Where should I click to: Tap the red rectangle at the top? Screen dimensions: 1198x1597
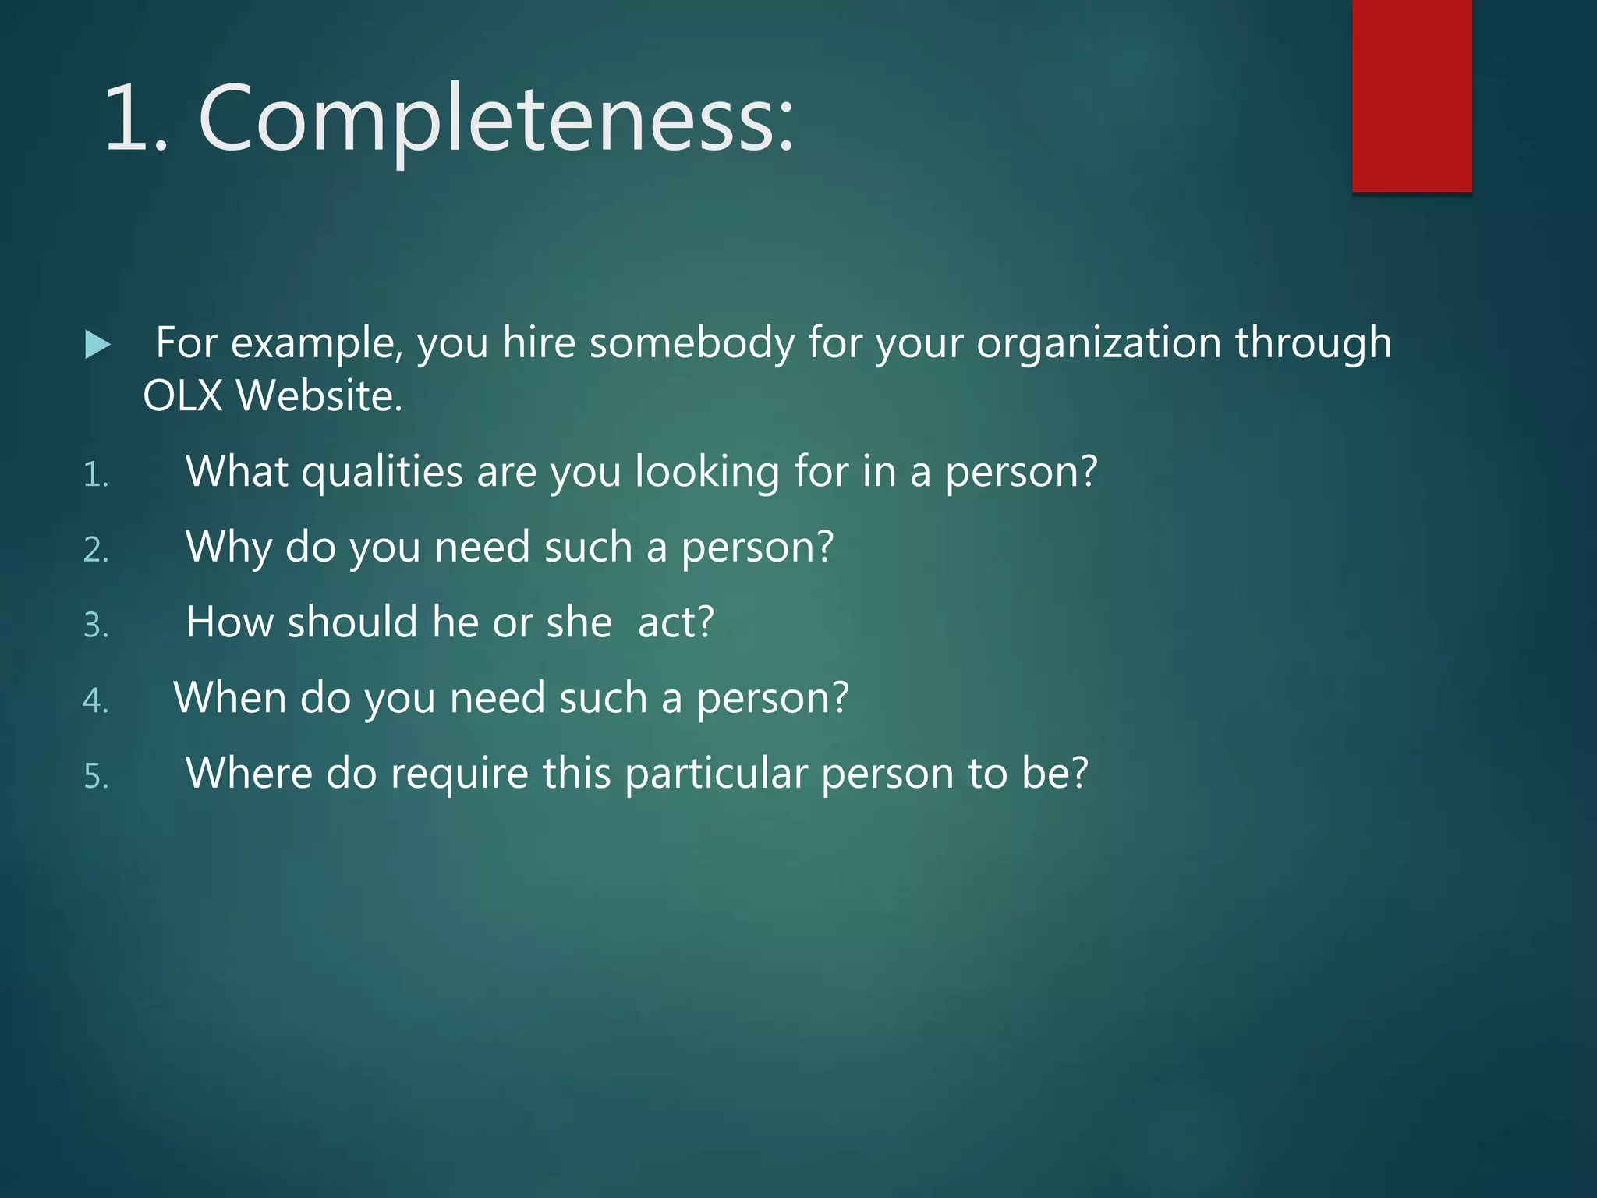1411,95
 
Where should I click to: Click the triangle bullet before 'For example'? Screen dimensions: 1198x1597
97,345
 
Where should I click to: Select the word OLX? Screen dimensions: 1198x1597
182,395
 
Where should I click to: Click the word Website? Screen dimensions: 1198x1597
320,395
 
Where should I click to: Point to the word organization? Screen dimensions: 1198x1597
1098,343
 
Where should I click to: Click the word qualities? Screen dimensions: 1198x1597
382,473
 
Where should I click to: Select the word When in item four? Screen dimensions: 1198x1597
230,698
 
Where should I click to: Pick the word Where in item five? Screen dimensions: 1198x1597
249,774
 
